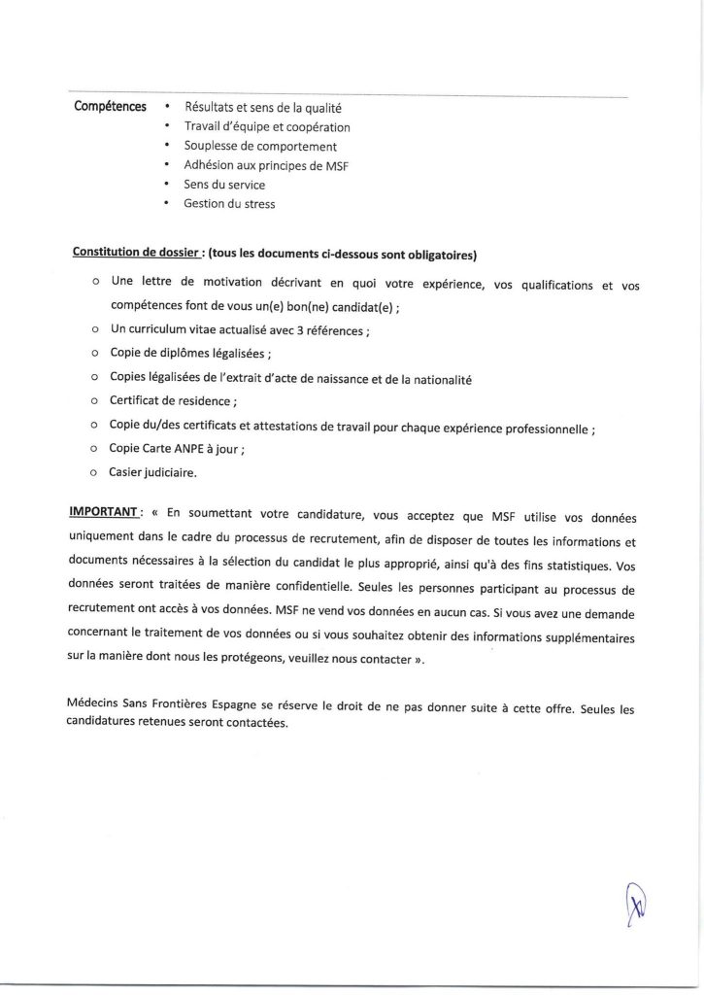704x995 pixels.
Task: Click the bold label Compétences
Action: point(110,106)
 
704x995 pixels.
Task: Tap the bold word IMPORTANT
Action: point(105,511)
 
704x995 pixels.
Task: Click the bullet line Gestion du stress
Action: point(229,203)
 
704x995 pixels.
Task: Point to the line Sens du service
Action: point(223,184)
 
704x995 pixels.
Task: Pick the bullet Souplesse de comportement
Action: point(260,146)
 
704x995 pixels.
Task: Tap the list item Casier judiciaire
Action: point(152,473)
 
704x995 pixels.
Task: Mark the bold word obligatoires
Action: point(432,255)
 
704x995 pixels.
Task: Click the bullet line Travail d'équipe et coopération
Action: point(267,126)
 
